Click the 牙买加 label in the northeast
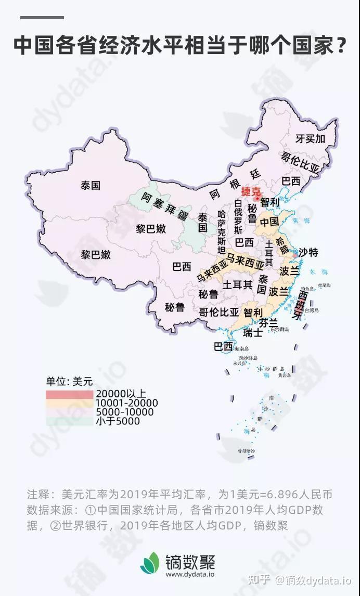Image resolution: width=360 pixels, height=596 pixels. [310, 139]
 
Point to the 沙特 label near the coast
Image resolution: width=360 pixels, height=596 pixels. [308, 253]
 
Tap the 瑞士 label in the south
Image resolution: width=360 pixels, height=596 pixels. [253, 333]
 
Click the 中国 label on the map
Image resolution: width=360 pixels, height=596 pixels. [269, 222]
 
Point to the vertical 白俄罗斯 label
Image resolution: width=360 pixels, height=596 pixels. [238, 216]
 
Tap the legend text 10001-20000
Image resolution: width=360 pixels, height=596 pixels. [126, 403]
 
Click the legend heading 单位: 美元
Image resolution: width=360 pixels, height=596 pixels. [69, 381]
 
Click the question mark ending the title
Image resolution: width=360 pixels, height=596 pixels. [341, 46]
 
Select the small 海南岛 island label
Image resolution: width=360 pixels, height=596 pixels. [242, 348]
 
